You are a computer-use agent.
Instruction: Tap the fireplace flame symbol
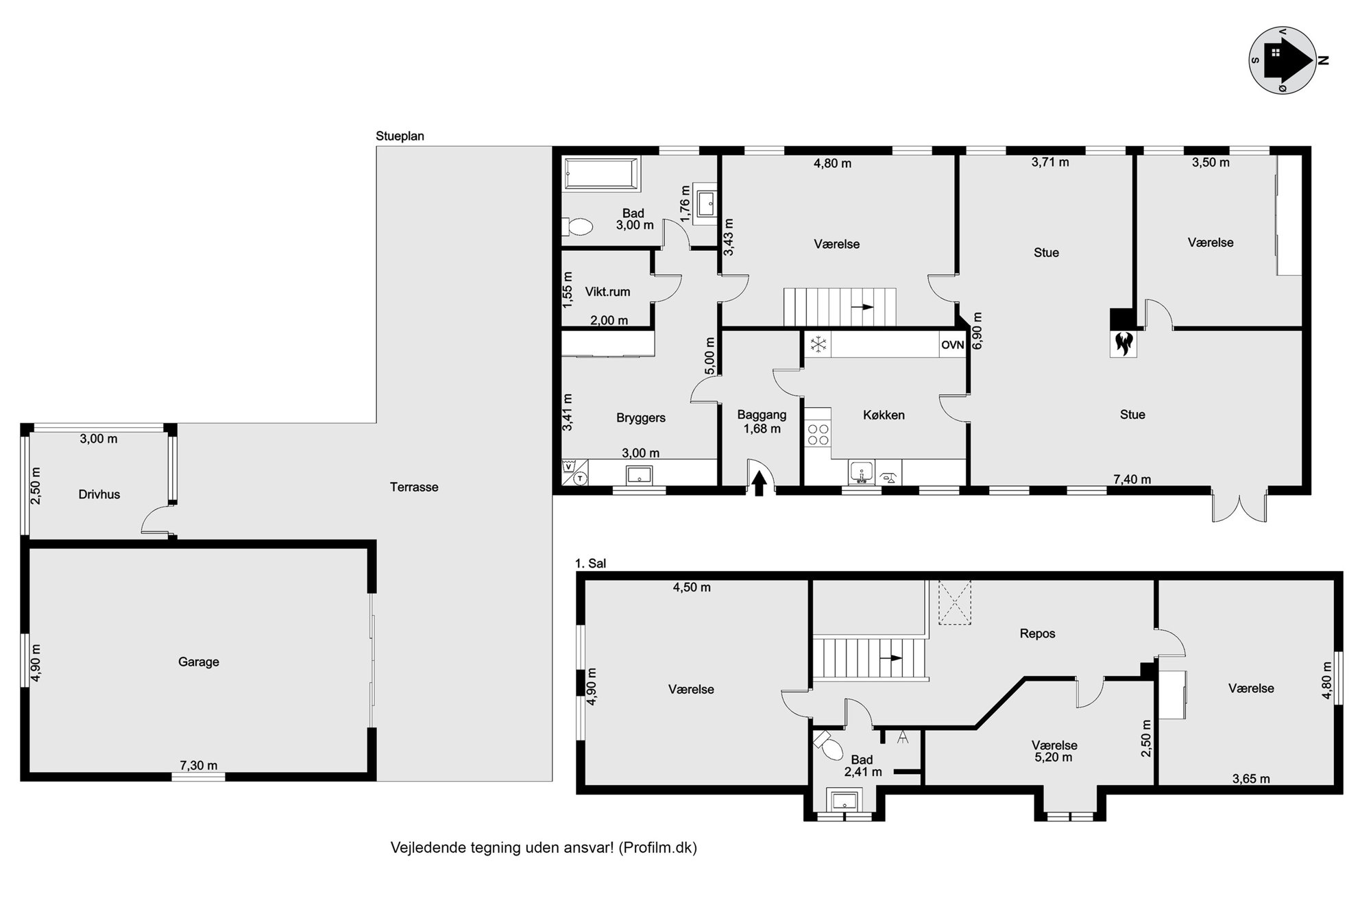tap(1123, 343)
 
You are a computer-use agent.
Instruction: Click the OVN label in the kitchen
tap(952, 345)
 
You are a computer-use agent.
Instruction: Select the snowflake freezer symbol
tap(817, 345)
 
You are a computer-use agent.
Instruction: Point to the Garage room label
tap(199, 662)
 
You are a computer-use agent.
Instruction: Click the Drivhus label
tap(99, 494)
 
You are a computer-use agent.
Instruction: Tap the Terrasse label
tap(414, 487)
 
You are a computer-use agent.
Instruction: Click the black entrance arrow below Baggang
tap(759, 483)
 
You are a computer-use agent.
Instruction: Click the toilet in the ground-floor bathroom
tap(577, 226)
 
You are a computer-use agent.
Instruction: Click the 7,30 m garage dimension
tap(199, 765)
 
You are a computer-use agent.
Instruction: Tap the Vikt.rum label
tap(607, 292)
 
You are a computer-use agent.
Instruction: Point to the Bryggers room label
tap(641, 418)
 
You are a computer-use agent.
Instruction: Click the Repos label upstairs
tap(1037, 634)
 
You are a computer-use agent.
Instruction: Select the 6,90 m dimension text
tap(977, 331)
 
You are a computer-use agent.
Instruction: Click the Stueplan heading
tap(400, 136)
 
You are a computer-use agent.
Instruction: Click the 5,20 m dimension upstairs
tap(1054, 758)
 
